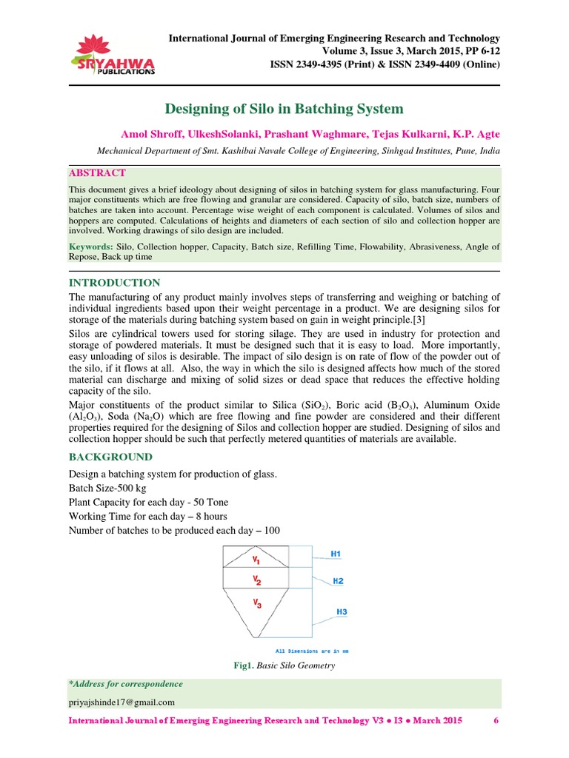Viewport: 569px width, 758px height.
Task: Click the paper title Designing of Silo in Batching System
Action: click(284, 109)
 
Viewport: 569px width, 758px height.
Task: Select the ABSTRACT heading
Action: click(97, 172)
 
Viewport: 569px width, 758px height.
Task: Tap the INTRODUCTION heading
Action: click(114, 283)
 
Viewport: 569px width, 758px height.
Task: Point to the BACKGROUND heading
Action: click(110, 457)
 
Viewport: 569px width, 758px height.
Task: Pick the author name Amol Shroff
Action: click(151, 134)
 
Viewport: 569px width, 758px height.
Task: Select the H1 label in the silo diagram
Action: click(336, 554)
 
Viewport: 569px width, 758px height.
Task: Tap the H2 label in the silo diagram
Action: click(337, 581)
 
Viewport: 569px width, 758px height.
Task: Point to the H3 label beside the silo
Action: click(342, 612)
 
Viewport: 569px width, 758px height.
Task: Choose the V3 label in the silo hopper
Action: click(257, 604)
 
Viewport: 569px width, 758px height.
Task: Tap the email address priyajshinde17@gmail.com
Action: click(122, 702)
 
